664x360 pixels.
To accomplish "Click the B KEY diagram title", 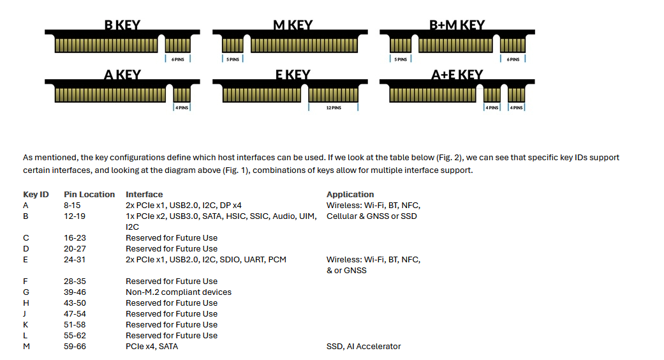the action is (122, 25).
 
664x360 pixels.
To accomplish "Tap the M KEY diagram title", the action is (293, 25).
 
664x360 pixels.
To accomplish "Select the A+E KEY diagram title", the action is (457, 75).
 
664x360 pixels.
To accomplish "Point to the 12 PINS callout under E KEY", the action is (333, 108).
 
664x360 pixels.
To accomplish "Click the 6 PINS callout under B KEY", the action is (178, 59).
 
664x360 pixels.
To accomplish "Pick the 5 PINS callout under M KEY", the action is (232, 59).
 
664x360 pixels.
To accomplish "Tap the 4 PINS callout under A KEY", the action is (182, 108).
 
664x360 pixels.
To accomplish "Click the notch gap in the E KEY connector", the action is (304, 94).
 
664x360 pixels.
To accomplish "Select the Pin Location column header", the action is (89, 195).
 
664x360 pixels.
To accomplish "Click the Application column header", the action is (350, 195).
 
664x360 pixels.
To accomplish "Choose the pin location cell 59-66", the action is (75, 347).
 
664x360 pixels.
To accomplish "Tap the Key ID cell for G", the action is (26, 292).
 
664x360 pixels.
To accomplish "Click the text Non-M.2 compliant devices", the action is (179, 292).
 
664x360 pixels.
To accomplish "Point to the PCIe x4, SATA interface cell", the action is (152, 347).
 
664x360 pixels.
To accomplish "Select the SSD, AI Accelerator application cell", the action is (364, 347).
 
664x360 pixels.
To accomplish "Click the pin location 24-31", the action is (75, 260).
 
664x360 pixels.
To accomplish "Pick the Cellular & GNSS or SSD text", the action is (371, 216).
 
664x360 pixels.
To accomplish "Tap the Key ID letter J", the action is (25, 314).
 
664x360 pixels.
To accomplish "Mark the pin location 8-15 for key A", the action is (72, 206).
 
